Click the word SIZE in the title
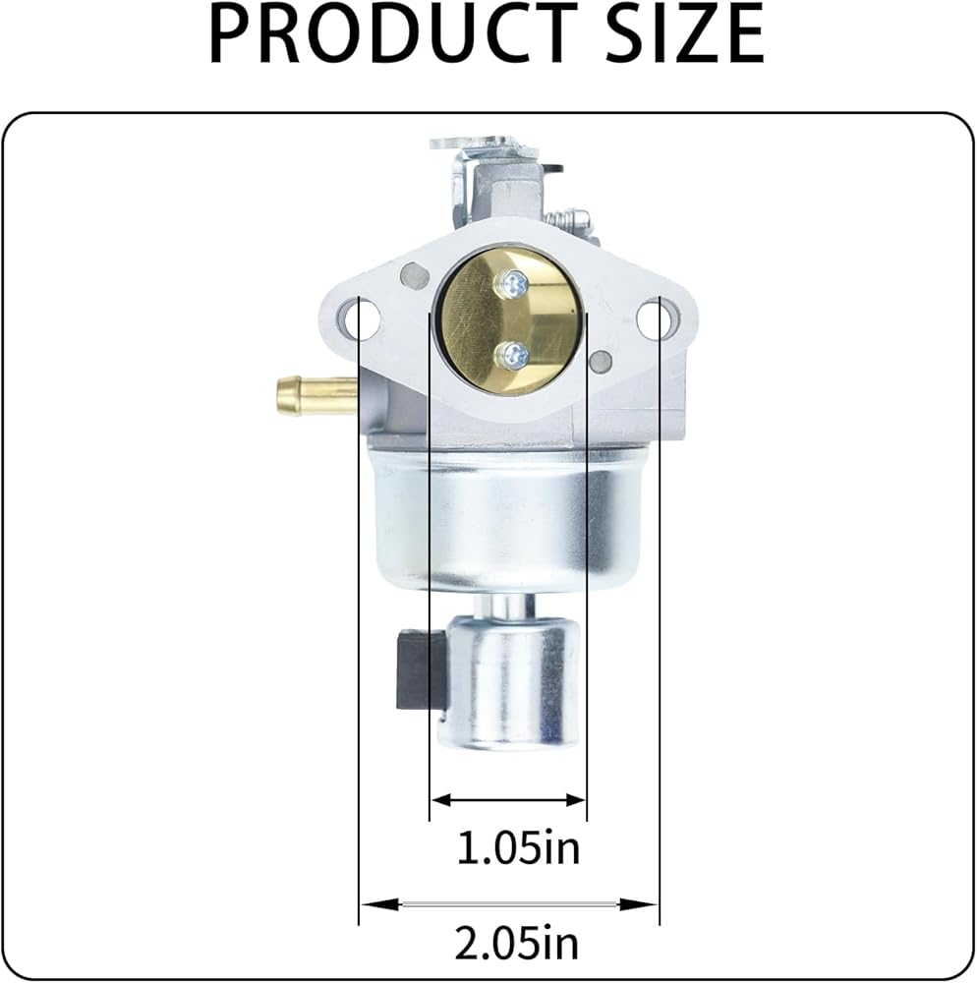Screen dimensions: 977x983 (686, 32)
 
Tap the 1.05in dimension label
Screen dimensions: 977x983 (518, 847)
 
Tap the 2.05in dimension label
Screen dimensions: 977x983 (517, 943)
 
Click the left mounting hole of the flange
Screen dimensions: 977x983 (360, 318)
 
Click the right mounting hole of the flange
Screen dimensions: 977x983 (656, 318)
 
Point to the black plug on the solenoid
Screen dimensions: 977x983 (420, 669)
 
